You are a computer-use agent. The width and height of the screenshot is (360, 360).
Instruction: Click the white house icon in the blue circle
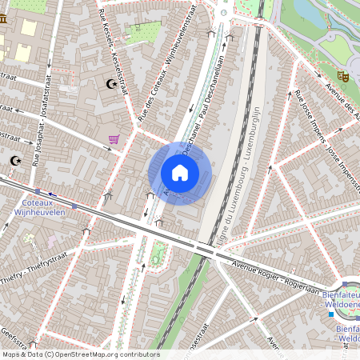coord(180,173)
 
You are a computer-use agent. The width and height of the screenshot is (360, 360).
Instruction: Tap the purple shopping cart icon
coord(114,139)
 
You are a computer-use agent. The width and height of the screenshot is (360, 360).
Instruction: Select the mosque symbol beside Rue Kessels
coord(111,83)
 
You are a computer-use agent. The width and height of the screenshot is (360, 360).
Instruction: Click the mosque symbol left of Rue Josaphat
coord(14,160)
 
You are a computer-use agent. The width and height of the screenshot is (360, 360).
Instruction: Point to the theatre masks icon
coord(343,76)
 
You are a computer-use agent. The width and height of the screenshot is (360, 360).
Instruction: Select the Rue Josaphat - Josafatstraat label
coord(46,136)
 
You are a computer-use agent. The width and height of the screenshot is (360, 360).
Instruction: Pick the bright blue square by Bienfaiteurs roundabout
coord(330,314)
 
